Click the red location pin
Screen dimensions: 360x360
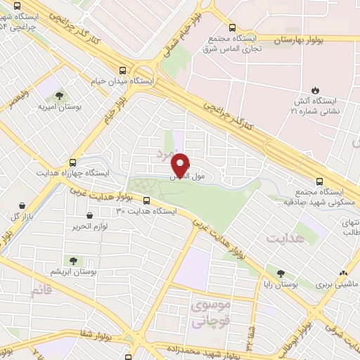pos(181,165)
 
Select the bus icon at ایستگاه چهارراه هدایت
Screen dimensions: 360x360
pos(73,160)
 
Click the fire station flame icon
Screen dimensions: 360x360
pos(316,89)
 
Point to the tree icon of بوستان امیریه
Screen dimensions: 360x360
pos(58,96)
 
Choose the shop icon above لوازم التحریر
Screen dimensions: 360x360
pos(89,215)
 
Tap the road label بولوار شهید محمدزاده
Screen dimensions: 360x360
pos(204,349)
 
